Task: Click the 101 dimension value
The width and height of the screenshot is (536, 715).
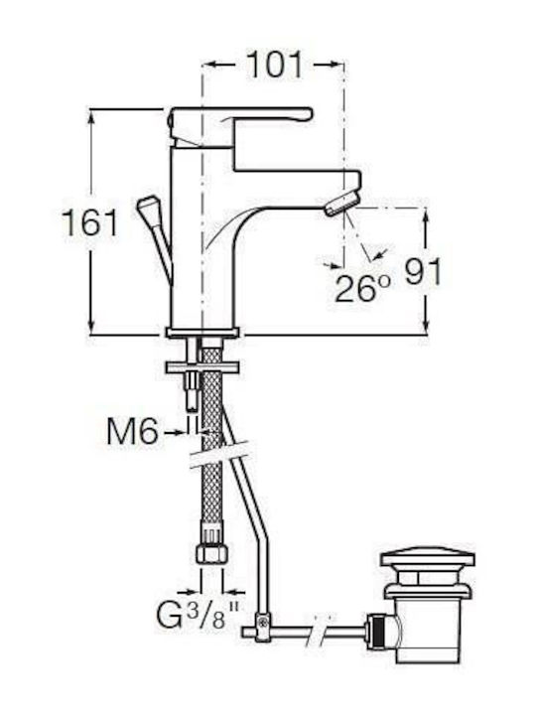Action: coord(274,65)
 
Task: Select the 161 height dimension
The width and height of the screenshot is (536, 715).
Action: coord(89,222)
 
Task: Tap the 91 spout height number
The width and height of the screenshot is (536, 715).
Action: coord(424,272)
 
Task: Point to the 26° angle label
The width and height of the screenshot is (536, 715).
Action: coord(363,288)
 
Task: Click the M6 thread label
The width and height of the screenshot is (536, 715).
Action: coord(132,431)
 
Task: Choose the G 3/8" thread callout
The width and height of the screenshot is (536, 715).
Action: coord(198,615)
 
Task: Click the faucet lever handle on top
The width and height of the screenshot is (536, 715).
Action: coord(241,122)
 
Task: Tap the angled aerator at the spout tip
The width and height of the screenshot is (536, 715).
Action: coord(341,204)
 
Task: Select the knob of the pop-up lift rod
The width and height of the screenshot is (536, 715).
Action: coord(148,207)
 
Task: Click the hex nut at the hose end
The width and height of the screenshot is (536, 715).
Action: coord(212,553)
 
